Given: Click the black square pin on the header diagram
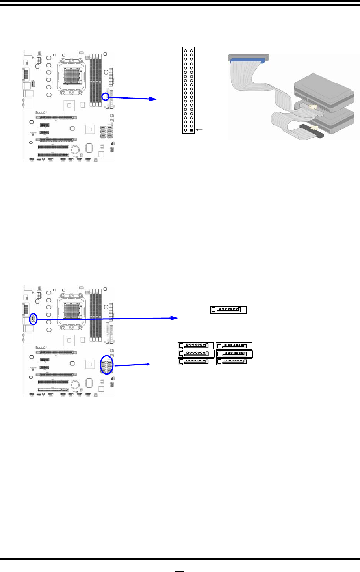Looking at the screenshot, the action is point(191,130).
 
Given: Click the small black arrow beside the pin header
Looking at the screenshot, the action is point(199,130).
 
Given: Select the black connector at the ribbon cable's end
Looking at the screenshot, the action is point(312,130).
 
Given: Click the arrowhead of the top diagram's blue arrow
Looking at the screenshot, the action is point(153,99).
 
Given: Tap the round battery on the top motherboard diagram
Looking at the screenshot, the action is point(75,149).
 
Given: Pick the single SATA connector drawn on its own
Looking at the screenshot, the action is point(229,310).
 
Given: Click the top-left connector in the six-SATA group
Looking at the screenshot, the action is point(196,346).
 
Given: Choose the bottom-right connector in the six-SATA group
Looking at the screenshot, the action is point(234,361).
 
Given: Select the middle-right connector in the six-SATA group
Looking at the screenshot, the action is point(234,354).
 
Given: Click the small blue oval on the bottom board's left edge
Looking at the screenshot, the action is point(33,319).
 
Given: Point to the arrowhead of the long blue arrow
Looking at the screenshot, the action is point(175,318).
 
